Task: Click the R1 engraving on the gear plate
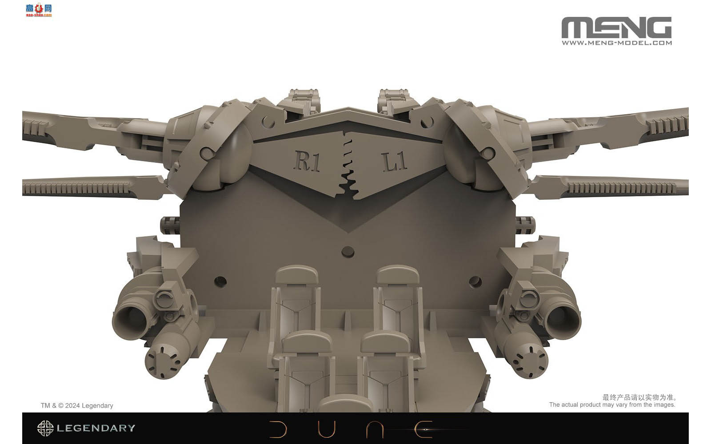(x=307, y=160)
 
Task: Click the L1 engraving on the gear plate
(x=395, y=161)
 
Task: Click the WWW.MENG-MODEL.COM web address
(x=616, y=43)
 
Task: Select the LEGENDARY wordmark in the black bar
(x=96, y=428)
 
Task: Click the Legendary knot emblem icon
(x=45, y=428)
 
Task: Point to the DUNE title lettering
(x=351, y=429)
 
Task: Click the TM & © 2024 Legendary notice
(x=77, y=405)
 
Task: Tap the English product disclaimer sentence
(x=612, y=404)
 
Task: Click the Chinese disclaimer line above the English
(x=639, y=397)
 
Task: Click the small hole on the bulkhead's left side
(x=220, y=281)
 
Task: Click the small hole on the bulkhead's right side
(x=475, y=281)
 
